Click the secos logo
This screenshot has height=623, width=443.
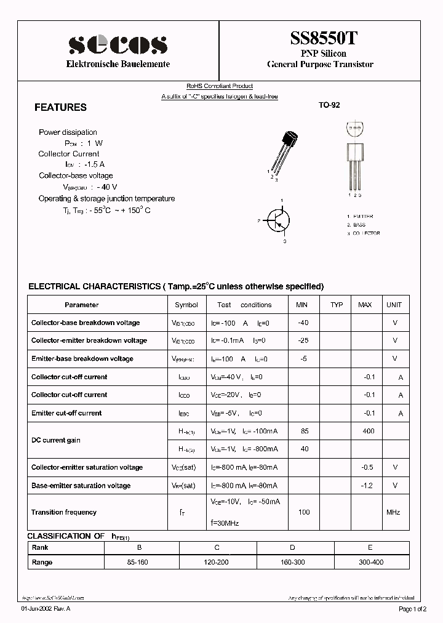click(x=118, y=44)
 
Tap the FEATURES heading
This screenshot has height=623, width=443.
click(x=60, y=107)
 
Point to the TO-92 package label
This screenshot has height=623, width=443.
click(x=329, y=105)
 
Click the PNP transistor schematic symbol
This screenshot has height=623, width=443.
click(x=279, y=221)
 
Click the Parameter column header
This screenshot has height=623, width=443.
click(x=81, y=305)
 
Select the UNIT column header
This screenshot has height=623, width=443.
click(x=394, y=305)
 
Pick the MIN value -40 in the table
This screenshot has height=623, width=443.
click(x=303, y=323)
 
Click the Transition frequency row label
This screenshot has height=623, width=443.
click(x=64, y=512)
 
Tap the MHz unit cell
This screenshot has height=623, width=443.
click(x=394, y=512)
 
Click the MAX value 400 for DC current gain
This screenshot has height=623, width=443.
click(x=368, y=431)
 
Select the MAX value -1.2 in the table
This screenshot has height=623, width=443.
click(x=368, y=486)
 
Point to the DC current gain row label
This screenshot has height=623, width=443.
click(x=56, y=440)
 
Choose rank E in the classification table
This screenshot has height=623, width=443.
click(x=370, y=547)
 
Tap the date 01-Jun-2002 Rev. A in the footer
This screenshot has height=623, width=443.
click(x=46, y=609)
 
